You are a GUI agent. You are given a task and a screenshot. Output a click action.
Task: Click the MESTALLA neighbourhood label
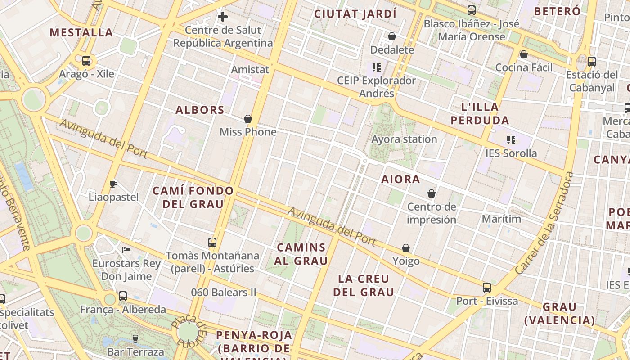[81, 32]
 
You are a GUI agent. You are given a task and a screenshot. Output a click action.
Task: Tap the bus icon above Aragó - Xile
[86, 60]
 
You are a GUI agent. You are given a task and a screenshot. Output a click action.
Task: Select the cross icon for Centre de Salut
[223, 17]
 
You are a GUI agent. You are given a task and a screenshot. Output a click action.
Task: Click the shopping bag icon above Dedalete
[392, 36]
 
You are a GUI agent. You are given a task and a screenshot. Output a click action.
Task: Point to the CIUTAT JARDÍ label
[355, 14]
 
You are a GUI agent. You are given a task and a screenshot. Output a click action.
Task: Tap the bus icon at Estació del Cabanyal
[592, 62]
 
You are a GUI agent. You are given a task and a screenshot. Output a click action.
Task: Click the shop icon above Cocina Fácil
[523, 54]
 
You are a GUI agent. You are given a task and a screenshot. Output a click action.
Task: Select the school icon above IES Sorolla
[511, 139]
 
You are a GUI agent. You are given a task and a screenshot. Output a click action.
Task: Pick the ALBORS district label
[200, 110]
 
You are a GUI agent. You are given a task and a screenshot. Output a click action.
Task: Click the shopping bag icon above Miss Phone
[247, 119]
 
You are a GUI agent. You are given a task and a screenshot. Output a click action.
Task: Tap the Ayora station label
[404, 139]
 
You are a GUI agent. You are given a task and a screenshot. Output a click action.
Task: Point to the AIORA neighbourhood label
[400, 179]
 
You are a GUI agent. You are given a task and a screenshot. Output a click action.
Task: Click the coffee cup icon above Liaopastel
[113, 184]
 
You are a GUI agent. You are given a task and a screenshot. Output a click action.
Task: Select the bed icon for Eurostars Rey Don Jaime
[126, 250]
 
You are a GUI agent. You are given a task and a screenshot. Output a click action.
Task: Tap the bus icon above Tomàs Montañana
[212, 243]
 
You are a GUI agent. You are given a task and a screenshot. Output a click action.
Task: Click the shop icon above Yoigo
[406, 248]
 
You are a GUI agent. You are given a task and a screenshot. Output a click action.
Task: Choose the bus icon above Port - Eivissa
[487, 287]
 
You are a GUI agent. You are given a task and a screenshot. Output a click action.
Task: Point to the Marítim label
[501, 219]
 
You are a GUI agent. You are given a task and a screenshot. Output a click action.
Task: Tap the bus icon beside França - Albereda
[123, 296]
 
